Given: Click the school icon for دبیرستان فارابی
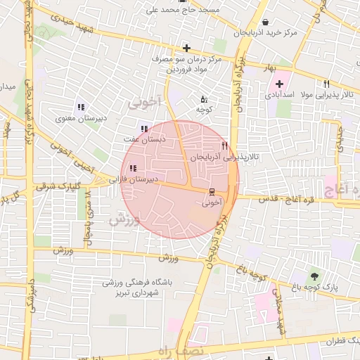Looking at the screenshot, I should coord(133,167).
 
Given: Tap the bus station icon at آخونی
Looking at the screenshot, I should coord(212,192).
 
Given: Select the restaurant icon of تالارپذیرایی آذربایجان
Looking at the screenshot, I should coord(224,146).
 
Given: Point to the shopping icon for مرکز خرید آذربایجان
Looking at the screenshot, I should coord(274,22).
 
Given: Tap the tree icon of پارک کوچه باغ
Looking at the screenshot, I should coord(314,275).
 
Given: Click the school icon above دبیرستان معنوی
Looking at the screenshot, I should coord(82,108).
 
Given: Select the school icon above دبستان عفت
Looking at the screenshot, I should coord(144,129).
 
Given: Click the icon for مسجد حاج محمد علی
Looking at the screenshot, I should coord(182,2).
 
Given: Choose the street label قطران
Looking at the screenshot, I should coord(342,341).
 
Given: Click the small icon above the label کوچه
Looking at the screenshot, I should coord(204,99).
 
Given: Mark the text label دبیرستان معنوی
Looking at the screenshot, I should coord(82,119).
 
